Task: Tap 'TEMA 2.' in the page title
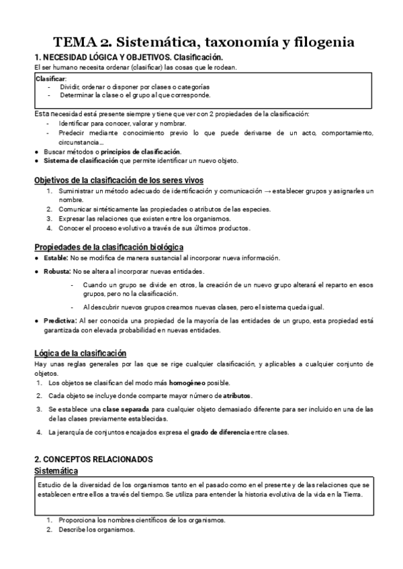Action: pos(79,43)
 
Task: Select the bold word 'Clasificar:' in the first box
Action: pos(51,79)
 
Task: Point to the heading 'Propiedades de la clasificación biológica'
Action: pos(109,248)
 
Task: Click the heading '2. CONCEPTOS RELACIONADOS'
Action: pos(94,459)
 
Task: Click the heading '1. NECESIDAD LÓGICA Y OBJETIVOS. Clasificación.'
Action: pos(128,58)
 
